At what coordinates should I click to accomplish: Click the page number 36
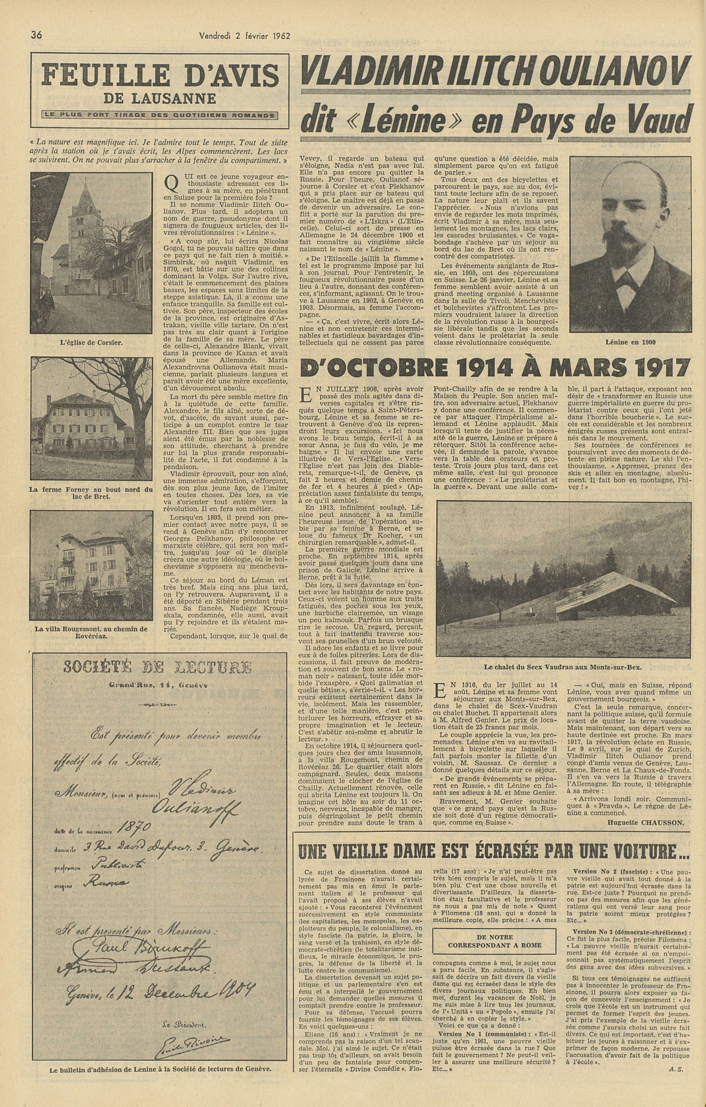coord(37,36)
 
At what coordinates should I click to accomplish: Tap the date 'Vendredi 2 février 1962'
coord(245,36)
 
